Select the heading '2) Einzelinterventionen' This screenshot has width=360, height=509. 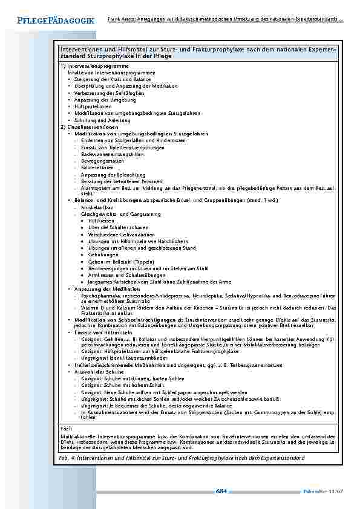coord(89,127)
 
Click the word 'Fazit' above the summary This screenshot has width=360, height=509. coord(67,426)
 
